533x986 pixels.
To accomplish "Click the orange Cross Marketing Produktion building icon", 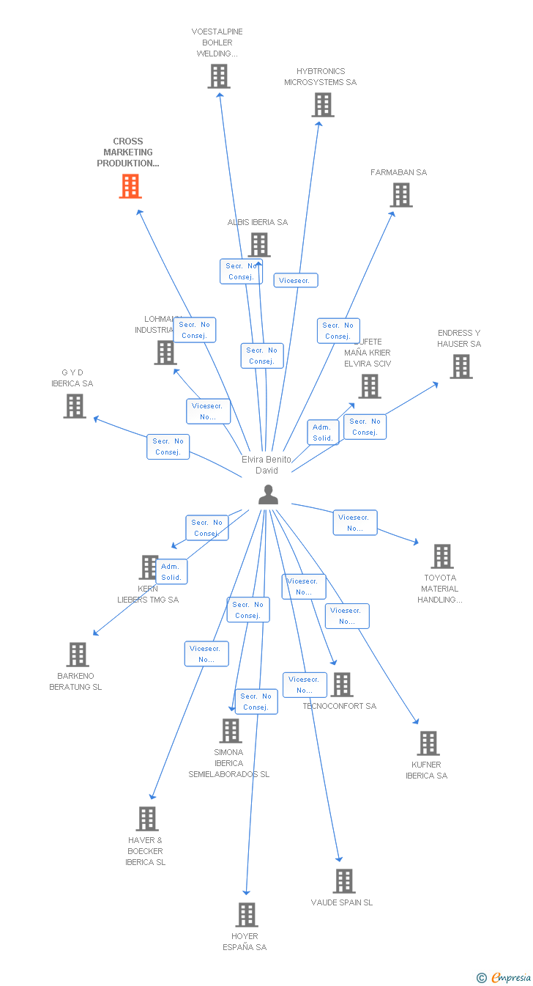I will click(x=130, y=186).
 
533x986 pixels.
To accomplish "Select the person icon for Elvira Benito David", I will click(x=269, y=495).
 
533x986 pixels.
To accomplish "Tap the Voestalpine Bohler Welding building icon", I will click(x=219, y=76).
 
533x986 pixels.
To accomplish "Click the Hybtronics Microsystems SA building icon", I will click(x=323, y=105).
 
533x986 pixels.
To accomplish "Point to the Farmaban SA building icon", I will click(x=401, y=195).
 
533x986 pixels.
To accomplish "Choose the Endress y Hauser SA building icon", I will click(x=461, y=367).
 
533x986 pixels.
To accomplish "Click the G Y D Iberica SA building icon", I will click(x=75, y=406).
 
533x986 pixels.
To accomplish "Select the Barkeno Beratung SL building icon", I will click(x=78, y=655).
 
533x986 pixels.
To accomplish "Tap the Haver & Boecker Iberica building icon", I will click(x=147, y=819).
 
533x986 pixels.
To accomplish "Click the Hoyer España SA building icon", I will click(x=247, y=915).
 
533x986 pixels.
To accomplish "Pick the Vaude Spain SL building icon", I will click(x=344, y=881).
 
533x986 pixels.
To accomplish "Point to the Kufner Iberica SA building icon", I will click(x=428, y=743).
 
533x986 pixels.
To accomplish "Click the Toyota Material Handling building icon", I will click(x=442, y=556).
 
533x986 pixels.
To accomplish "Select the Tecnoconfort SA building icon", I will click(x=342, y=685).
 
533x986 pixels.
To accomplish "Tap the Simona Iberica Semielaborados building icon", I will click(x=231, y=731).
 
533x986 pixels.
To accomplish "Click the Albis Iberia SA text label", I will click(x=257, y=222).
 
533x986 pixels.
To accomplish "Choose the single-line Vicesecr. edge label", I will click(x=296, y=280).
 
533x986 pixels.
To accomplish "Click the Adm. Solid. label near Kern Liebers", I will click(x=171, y=572).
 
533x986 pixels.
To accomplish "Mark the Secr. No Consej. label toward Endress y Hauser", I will click(x=365, y=427).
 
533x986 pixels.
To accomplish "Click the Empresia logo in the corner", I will click(x=504, y=977).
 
